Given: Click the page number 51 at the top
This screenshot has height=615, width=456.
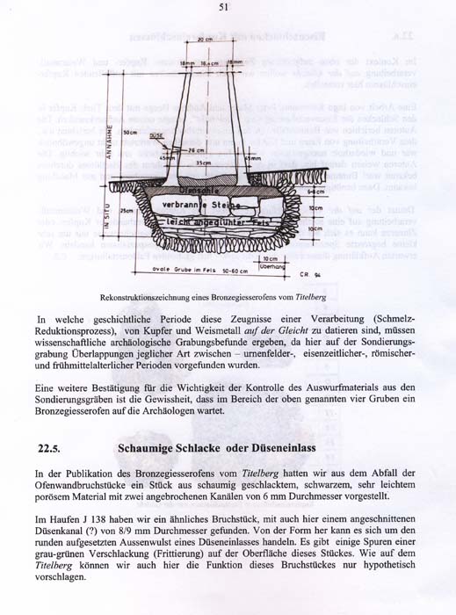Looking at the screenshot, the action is [x=224, y=8].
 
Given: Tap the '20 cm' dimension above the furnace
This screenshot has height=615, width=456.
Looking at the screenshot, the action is [x=206, y=40].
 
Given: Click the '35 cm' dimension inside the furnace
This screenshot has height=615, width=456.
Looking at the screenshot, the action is [x=204, y=163].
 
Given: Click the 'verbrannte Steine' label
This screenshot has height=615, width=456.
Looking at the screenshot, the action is [x=198, y=205].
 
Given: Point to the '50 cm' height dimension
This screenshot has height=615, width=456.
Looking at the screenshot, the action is [x=130, y=132].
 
